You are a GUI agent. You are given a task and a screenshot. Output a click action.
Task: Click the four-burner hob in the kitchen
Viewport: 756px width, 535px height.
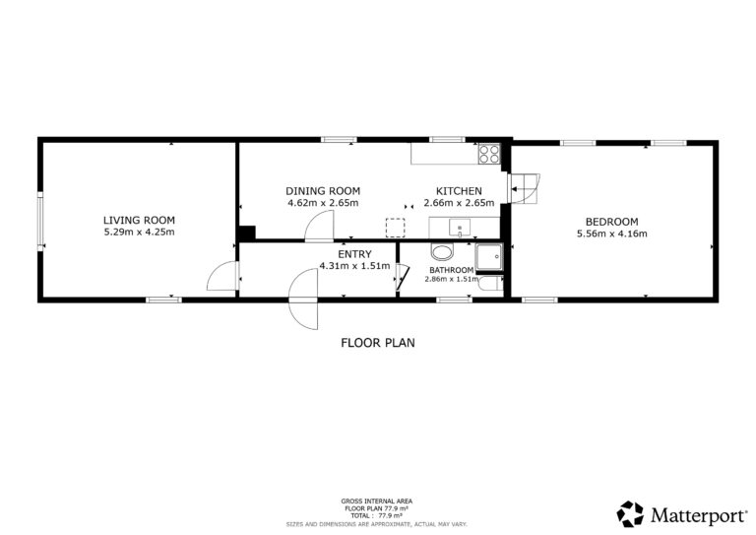[x=489, y=154]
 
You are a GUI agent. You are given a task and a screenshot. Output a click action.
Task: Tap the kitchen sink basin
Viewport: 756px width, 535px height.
[x=460, y=228]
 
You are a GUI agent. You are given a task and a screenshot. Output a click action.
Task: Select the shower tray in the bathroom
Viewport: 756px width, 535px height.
[x=489, y=256]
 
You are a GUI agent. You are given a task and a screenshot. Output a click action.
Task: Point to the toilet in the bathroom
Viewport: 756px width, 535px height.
[x=491, y=283]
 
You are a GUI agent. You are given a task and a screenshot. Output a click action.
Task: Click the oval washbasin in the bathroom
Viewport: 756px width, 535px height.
[x=443, y=252]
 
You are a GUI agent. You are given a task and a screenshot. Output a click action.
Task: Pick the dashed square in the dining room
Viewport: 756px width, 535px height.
[x=396, y=228]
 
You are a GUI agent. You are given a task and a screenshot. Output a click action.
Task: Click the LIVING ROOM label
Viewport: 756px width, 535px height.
[x=139, y=220]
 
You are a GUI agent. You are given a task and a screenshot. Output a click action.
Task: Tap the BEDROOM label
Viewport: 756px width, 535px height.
[x=612, y=222]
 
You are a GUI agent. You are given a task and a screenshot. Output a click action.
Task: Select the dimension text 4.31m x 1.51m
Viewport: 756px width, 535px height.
[x=354, y=265]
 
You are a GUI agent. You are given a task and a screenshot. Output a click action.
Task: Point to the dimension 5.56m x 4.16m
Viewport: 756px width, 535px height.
[x=612, y=234]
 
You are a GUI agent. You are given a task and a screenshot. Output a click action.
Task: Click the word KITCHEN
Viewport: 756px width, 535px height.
[x=459, y=190]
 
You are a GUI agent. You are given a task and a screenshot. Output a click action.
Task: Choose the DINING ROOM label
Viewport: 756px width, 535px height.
[x=323, y=190]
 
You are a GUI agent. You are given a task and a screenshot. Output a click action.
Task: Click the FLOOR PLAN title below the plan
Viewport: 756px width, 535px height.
[x=378, y=343]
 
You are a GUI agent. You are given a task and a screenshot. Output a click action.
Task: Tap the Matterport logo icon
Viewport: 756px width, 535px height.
[x=630, y=513]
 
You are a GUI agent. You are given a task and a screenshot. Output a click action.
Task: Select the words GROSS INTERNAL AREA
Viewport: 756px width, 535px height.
[x=377, y=502]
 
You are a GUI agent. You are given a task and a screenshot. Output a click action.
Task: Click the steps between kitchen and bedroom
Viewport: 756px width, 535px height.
[x=524, y=188]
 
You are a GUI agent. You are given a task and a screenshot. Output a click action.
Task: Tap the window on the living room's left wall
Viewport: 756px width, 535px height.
[x=40, y=221]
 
